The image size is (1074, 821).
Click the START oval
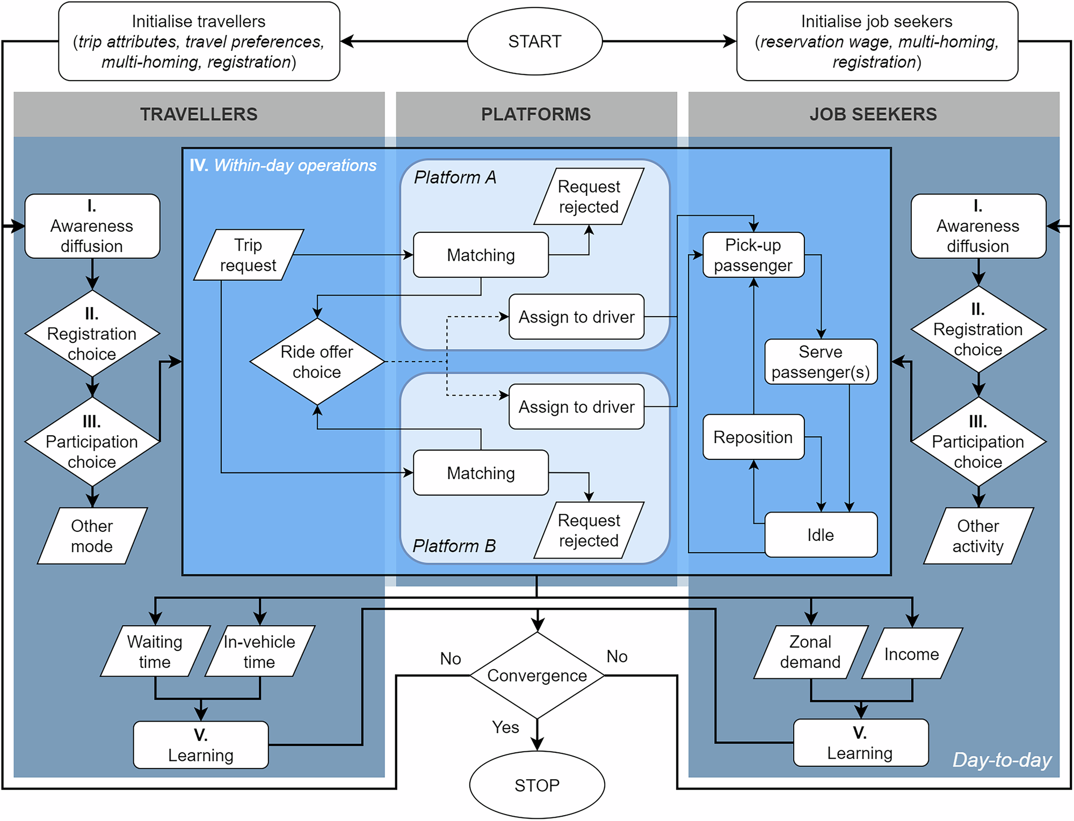point(535,41)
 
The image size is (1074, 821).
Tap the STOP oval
point(537,785)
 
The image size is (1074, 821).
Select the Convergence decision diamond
point(537,675)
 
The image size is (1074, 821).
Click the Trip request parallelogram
point(248,255)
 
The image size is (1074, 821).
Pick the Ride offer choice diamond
point(317,362)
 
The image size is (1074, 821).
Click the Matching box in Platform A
point(481,255)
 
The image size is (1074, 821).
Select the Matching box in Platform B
point(481,473)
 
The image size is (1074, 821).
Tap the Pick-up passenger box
point(753,255)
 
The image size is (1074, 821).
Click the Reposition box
point(753,437)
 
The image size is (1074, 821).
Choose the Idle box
point(821,534)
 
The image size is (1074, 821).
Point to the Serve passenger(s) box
point(821,362)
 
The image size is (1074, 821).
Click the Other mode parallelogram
point(92,536)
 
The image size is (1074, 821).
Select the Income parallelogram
point(912,654)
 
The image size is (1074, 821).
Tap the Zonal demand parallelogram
point(810,652)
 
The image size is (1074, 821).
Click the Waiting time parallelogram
point(155,651)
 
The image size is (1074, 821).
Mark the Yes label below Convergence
point(505,727)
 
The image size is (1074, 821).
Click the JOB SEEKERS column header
point(873,114)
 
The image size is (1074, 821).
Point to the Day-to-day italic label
point(1002,760)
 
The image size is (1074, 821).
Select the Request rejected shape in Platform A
point(589,196)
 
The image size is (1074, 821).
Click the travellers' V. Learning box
point(200,745)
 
